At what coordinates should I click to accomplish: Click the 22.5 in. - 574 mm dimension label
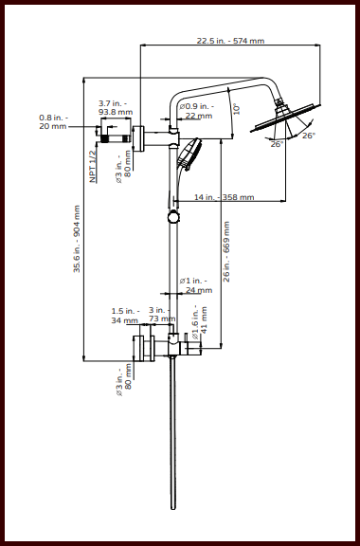(x=230, y=41)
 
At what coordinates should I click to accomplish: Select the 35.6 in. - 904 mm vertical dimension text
(x=78, y=241)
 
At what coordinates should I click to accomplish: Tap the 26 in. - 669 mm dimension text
(x=226, y=251)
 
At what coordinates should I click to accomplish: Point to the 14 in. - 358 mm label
(x=224, y=197)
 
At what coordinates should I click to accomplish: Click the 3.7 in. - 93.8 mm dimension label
(x=114, y=106)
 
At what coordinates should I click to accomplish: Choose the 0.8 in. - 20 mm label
(x=53, y=121)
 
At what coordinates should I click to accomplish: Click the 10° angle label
(x=237, y=108)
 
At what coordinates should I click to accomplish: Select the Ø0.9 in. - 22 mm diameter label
(x=199, y=110)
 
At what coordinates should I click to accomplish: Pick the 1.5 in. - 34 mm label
(x=125, y=316)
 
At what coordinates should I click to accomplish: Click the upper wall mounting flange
(x=138, y=137)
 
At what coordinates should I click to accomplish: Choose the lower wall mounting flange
(x=138, y=349)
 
